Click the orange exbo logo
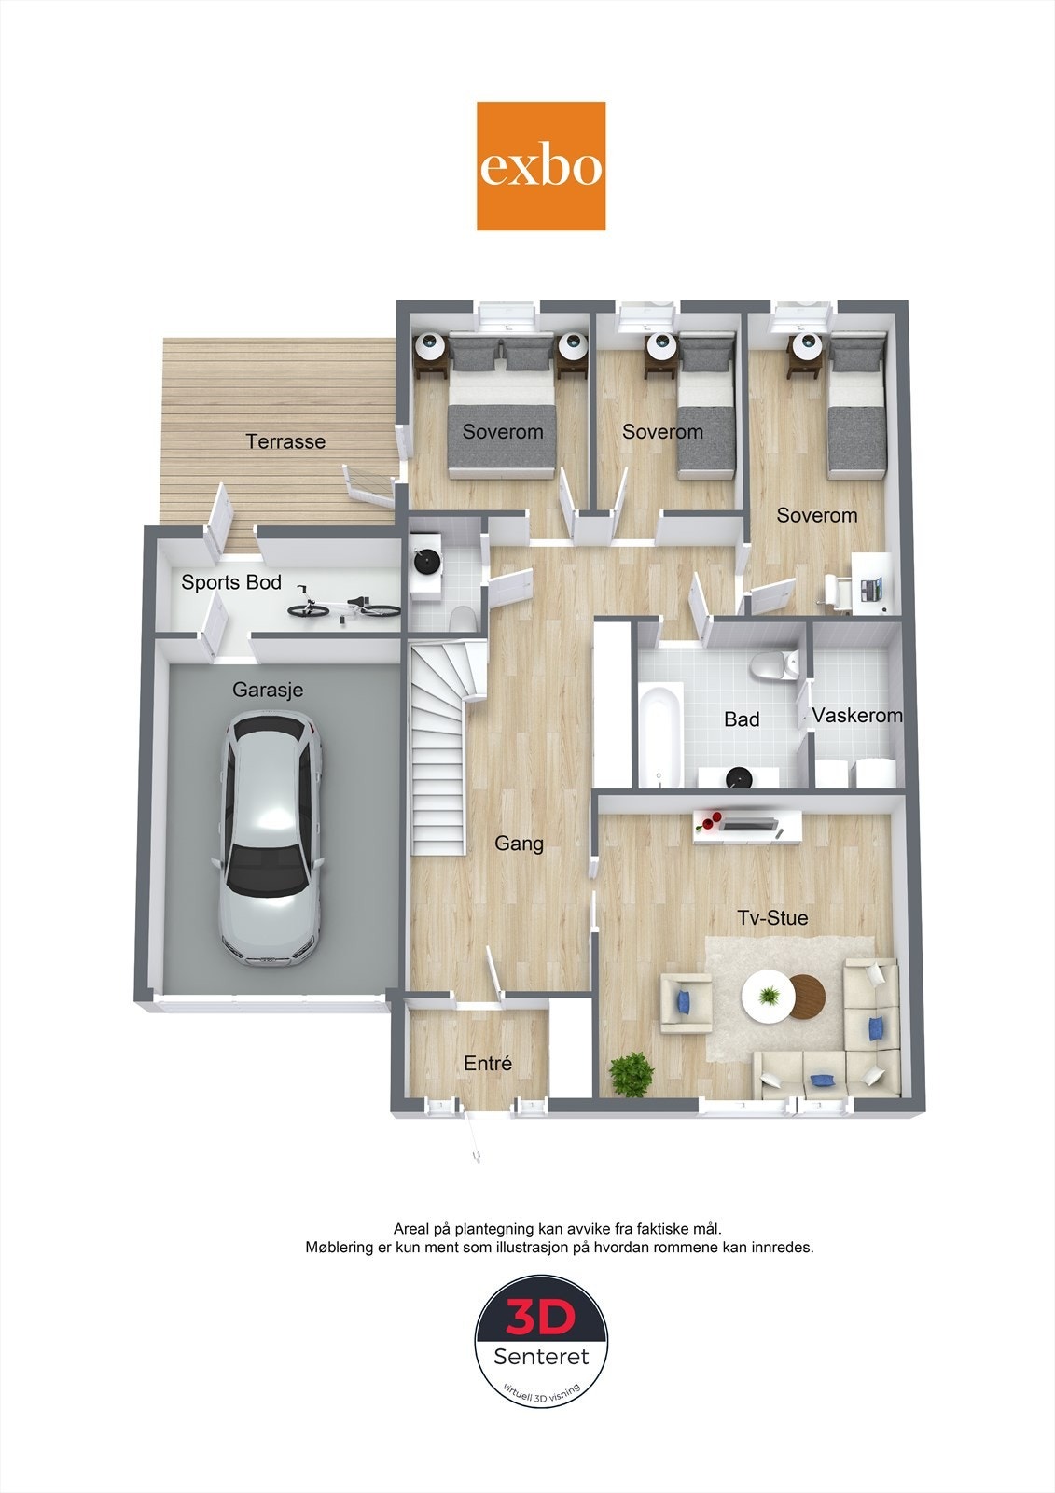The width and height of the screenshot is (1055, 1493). click(x=540, y=166)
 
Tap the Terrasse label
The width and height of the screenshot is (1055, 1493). click(x=285, y=441)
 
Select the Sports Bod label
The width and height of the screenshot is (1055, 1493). click(x=231, y=582)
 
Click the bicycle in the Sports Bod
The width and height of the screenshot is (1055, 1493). click(x=344, y=604)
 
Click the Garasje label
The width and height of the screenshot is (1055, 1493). click(x=268, y=690)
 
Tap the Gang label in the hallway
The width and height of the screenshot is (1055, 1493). click(x=519, y=844)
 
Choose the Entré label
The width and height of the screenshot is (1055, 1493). click(x=488, y=1063)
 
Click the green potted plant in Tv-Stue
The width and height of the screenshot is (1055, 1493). click(x=632, y=1074)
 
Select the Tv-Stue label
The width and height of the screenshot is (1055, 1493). click(x=772, y=918)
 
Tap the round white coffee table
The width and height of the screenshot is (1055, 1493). click(x=769, y=997)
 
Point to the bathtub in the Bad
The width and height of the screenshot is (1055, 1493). click(x=660, y=734)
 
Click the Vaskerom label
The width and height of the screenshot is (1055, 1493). click(x=857, y=716)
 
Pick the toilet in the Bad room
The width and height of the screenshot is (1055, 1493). click(x=773, y=665)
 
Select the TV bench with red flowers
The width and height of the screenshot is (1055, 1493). click(x=747, y=827)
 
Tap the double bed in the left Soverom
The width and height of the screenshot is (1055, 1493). click(x=502, y=405)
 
